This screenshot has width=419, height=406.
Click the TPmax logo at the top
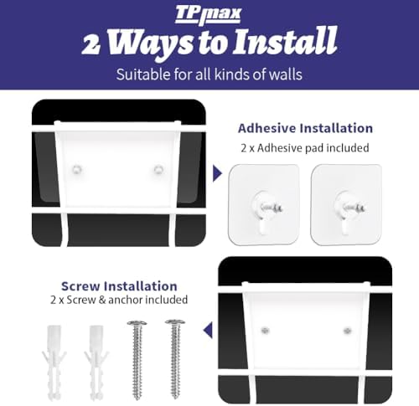click(x=208, y=15)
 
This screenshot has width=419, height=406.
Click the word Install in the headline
click(x=285, y=41)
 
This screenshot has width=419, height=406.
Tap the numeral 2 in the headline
click(x=91, y=44)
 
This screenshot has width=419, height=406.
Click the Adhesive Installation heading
click(x=305, y=128)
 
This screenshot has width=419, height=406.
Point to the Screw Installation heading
click(x=119, y=286)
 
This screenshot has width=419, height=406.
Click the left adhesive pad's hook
click(x=263, y=210)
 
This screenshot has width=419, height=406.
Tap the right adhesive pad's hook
click(x=346, y=210)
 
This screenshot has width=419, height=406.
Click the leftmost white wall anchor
click(x=54, y=362)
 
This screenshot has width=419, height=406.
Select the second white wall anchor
click(x=96, y=362)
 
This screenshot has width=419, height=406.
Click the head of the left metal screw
click(x=137, y=323)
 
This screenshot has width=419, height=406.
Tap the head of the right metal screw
click(x=175, y=323)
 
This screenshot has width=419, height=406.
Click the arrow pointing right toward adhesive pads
click(x=217, y=173)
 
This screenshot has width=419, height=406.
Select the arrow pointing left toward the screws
click(x=208, y=331)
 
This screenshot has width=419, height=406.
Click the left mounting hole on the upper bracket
click(x=77, y=169)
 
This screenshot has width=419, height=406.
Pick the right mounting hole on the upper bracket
click(x=158, y=169)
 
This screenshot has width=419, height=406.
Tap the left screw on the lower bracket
click(x=265, y=331)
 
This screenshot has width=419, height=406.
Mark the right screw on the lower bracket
click(x=347, y=331)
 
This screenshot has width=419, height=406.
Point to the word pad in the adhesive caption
click(x=315, y=148)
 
